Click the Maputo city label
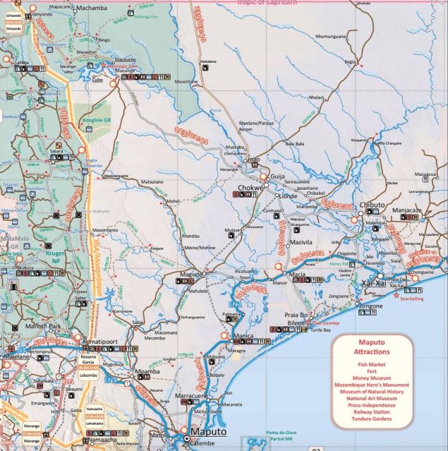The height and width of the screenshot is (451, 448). tap(210, 431)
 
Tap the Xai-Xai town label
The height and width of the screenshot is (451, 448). tap(371, 282)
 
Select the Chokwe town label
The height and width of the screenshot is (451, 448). tap(250, 188)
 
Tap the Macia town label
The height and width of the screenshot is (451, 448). tap(298, 274)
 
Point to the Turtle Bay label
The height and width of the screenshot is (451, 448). tap(320, 330)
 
